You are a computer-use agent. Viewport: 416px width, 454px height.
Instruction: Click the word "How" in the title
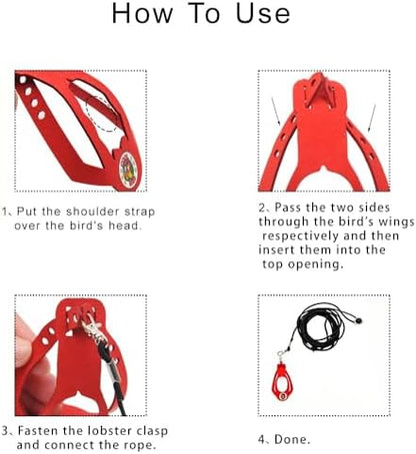[142, 13]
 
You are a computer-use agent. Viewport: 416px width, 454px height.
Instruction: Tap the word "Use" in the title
[263, 13]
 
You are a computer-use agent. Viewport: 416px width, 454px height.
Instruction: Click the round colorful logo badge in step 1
[127, 171]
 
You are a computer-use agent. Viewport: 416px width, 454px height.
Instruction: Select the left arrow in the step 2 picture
[276, 112]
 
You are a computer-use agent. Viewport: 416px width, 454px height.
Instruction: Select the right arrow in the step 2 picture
[372, 118]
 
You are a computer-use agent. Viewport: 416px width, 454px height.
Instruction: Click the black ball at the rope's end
[358, 321]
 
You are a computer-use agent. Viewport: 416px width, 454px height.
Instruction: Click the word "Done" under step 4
[290, 440]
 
